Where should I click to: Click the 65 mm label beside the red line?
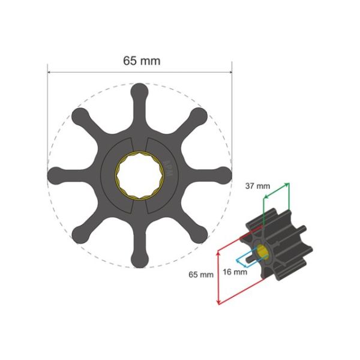tap(201, 274)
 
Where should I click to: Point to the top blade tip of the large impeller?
tap(139, 90)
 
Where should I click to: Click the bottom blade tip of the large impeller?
tap(139, 260)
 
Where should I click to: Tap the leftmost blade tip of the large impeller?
tap(55, 175)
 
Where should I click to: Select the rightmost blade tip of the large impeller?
tap(224, 175)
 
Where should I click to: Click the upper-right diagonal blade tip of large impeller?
tap(199, 115)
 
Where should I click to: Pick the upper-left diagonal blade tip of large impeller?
tap(79, 115)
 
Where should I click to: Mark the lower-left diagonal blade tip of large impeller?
tap(79, 235)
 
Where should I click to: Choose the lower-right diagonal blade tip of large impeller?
tap(199, 235)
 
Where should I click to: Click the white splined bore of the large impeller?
tap(139, 175)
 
